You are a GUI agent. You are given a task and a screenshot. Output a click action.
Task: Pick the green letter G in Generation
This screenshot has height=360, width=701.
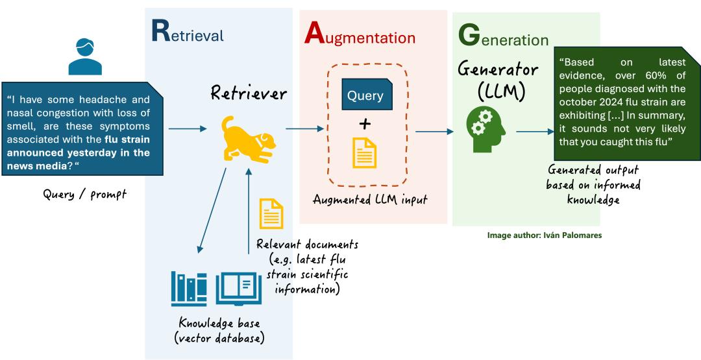point(469,36)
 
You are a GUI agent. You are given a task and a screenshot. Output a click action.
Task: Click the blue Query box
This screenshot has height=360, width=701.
point(365,95)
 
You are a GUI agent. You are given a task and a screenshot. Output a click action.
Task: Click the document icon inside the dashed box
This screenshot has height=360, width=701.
point(364,152)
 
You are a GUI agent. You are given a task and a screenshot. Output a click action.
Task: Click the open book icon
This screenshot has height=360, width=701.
point(238,289)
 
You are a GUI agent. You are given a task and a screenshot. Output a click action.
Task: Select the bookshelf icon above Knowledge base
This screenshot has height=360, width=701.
point(189,289)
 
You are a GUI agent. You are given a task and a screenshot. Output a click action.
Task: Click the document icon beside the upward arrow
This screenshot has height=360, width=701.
point(271,214)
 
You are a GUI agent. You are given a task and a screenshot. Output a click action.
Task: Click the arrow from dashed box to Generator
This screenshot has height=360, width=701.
point(434,132)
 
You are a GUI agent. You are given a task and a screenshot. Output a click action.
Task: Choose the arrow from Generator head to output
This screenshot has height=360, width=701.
point(534,132)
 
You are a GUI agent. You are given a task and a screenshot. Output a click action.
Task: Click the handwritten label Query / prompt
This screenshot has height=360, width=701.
point(85,194)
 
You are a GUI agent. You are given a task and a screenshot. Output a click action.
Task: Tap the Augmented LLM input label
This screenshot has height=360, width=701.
point(369,200)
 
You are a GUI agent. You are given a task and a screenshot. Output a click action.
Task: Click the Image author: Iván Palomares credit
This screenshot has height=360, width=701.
point(544,235)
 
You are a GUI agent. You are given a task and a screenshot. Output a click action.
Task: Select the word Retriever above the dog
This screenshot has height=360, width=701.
point(248,95)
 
